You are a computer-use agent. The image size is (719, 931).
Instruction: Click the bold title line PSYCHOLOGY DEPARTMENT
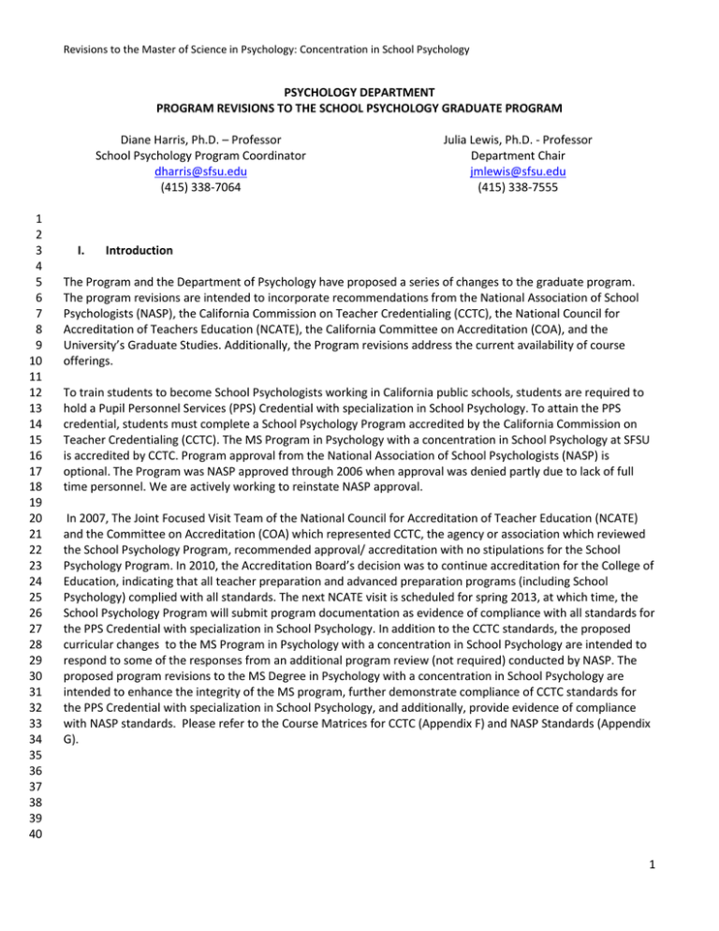click(359, 94)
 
